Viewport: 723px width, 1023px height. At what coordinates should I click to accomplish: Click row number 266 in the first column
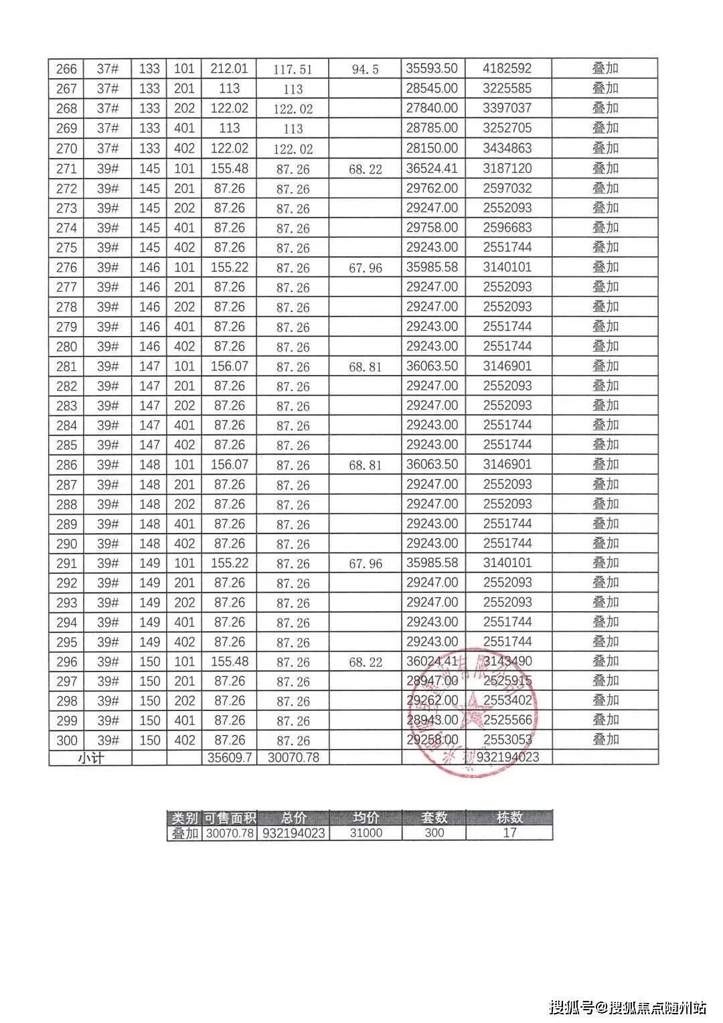(x=66, y=69)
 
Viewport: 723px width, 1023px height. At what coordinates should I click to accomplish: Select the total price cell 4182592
(x=507, y=68)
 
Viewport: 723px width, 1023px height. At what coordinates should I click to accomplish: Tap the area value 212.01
(x=229, y=68)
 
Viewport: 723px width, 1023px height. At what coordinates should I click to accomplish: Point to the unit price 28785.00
(x=432, y=128)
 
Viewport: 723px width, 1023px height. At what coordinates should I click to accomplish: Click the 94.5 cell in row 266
(x=365, y=69)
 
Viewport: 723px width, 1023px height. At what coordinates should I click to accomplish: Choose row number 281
(x=66, y=366)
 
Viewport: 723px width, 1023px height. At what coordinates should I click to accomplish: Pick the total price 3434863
(x=507, y=148)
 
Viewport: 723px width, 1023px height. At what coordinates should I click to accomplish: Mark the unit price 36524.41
(x=432, y=168)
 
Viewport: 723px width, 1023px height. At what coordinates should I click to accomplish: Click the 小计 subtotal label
(x=90, y=758)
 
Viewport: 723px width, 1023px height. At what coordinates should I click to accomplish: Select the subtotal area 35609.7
(x=229, y=758)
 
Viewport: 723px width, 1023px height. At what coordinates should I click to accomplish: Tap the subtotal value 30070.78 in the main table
(x=293, y=758)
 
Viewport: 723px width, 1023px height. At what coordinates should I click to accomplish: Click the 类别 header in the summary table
(x=184, y=817)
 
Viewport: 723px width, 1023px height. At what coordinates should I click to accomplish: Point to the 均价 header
(x=366, y=817)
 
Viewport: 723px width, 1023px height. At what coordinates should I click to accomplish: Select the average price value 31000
(x=366, y=834)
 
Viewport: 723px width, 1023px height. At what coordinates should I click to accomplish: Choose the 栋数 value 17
(x=509, y=834)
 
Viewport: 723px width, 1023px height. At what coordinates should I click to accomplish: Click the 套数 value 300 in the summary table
(x=434, y=834)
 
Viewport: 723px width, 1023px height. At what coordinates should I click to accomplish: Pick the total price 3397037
(x=507, y=108)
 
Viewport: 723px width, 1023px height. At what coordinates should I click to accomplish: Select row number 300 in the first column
(x=66, y=740)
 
